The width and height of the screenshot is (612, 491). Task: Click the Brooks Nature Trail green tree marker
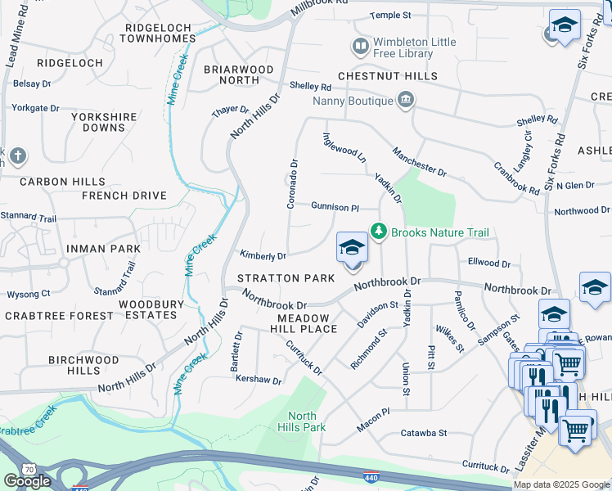[378, 232]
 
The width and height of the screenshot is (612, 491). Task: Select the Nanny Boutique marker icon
[405, 101]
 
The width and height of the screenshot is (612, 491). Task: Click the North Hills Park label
[306, 421]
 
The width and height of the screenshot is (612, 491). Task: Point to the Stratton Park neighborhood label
[286, 278]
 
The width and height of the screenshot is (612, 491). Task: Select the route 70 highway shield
[29, 469]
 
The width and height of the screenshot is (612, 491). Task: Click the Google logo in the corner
[27, 481]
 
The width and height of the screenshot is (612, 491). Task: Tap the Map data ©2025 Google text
[561, 484]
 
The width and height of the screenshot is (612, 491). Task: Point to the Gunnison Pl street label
[335, 207]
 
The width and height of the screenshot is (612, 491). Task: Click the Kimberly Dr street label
[262, 256]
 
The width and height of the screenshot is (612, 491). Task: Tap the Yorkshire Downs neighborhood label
[104, 122]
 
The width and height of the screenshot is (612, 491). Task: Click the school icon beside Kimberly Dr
[352, 249]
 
